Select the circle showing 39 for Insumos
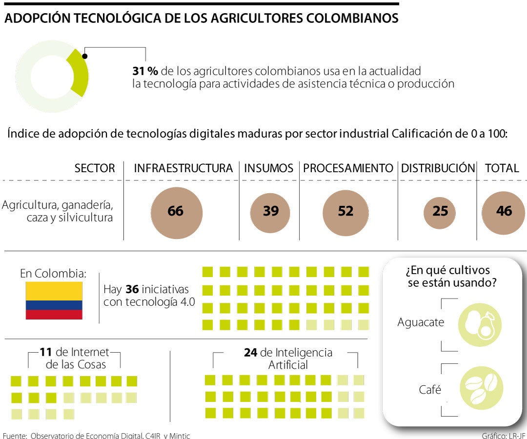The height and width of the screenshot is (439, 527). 271,211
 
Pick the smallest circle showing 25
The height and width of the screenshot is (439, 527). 440,212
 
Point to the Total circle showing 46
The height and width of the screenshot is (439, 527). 504,211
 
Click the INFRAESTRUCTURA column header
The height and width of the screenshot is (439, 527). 183,168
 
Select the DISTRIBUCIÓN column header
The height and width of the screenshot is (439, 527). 438,168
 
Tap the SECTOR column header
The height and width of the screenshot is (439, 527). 95,168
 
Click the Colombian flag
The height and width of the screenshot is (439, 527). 54,300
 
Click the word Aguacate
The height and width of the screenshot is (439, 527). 421,322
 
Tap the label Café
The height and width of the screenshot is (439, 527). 430,390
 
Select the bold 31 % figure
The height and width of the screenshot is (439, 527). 145,71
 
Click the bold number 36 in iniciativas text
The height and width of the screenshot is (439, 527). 132,289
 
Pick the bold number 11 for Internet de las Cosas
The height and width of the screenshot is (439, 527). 45,352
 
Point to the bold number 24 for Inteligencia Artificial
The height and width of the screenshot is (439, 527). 251,353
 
